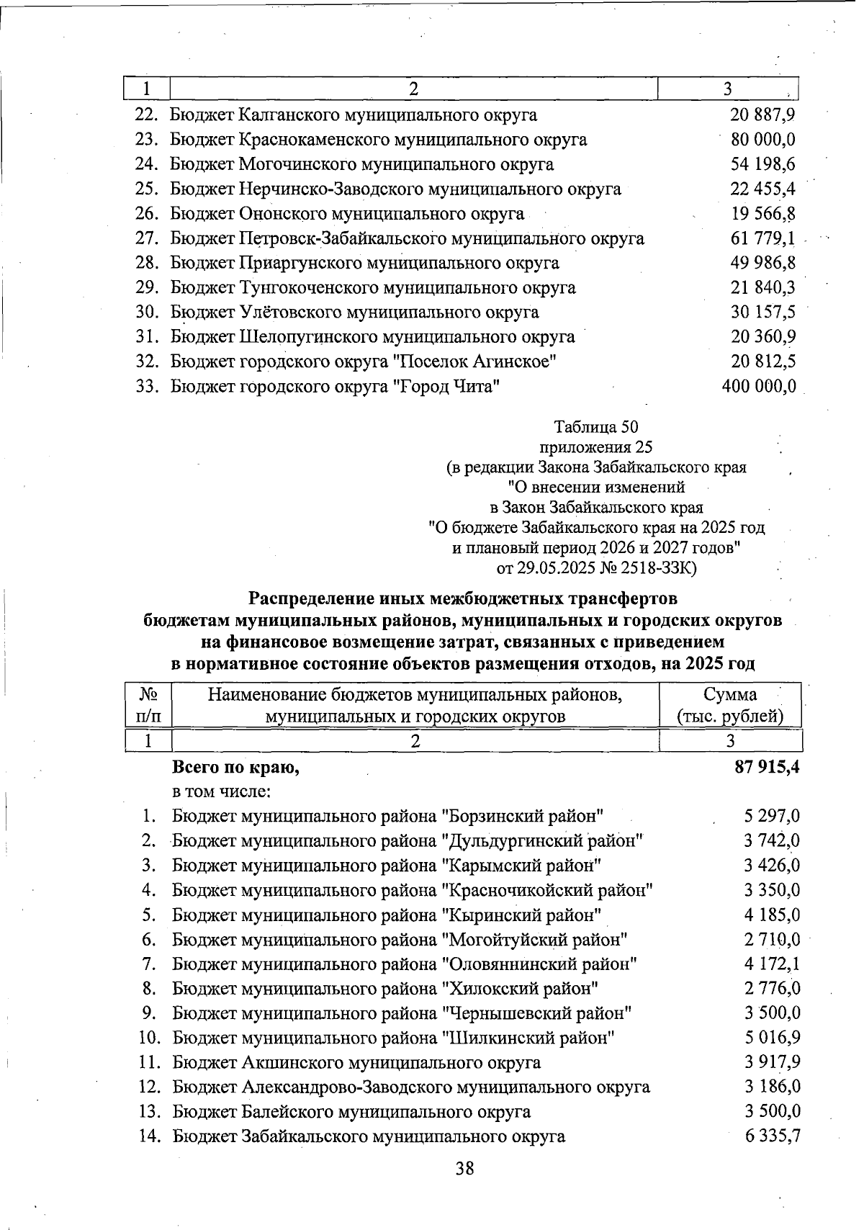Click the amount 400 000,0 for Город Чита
point(759,387)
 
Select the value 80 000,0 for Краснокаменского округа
point(762,140)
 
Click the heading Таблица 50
point(596,427)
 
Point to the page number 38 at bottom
point(465,1168)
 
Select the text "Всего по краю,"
point(235,768)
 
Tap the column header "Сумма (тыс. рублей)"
point(730,706)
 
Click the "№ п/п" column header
point(148,706)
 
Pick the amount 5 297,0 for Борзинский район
point(772,817)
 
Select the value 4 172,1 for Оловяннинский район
point(772,964)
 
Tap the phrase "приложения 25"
point(596,447)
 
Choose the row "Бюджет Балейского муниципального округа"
point(351,1112)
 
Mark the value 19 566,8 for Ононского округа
point(762,214)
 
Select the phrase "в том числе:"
point(221,792)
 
